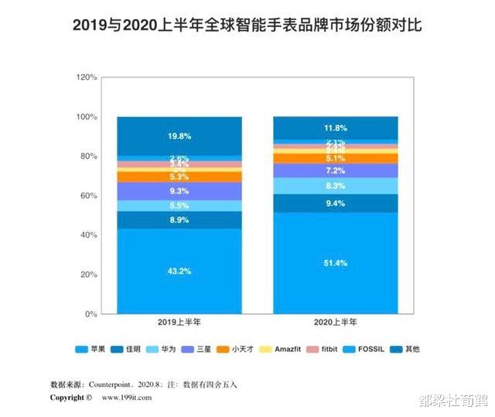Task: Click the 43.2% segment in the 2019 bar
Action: click(x=179, y=271)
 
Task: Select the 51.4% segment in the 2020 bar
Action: click(x=336, y=263)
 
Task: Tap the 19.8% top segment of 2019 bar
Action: click(x=179, y=136)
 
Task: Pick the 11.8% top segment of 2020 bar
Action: click(x=336, y=128)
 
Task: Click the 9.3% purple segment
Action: click(x=179, y=190)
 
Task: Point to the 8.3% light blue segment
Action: click(x=336, y=186)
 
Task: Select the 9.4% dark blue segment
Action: click(x=336, y=203)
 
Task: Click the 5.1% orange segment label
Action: click(x=336, y=158)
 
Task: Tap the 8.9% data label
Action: click(x=179, y=220)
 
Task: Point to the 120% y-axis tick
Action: click(x=86, y=77)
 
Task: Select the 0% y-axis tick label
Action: click(x=90, y=314)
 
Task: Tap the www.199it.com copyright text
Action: click(x=125, y=398)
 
